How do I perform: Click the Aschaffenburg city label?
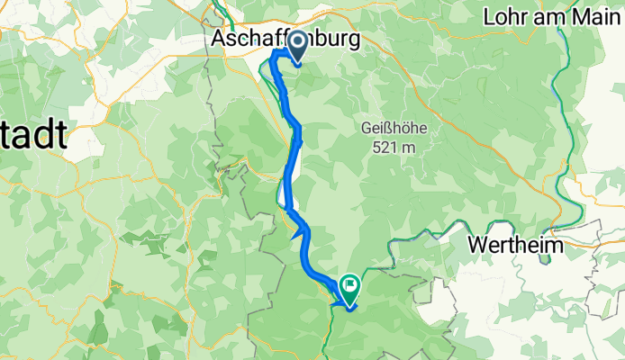tap(286, 40)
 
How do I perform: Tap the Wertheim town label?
tap(515, 244)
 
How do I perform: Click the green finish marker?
tap(349, 288)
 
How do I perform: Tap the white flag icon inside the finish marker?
tap(349, 287)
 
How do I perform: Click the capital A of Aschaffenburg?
tap(220, 40)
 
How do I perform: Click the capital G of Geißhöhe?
tap(367, 128)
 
